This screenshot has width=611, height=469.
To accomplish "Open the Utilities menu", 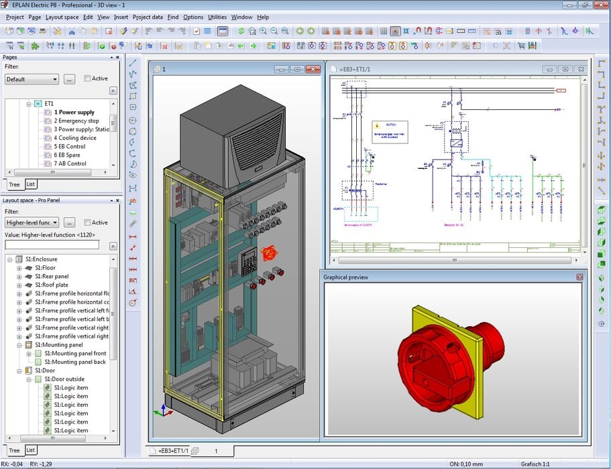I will click(x=217, y=17).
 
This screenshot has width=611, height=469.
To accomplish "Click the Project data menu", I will click(x=147, y=17).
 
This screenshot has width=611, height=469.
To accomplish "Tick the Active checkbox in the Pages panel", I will click(x=88, y=78).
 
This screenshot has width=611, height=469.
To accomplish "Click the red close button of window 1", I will click(x=313, y=69).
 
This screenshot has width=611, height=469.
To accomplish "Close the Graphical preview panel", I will click(x=579, y=277).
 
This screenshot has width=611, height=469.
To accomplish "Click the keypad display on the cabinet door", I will click(x=249, y=257).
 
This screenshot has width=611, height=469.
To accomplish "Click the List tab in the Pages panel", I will click(x=30, y=184).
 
